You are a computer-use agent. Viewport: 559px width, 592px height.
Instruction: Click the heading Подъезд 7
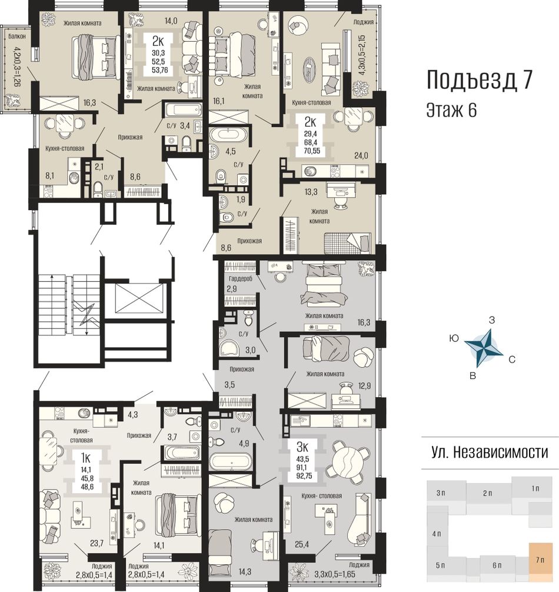(479, 81)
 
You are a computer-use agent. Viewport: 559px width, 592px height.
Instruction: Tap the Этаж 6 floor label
(451, 110)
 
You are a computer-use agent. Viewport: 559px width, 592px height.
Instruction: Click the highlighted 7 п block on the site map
(540, 560)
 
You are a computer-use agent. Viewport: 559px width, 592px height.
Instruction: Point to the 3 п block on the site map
(441, 493)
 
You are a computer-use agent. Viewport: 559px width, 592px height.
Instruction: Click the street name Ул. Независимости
(490, 452)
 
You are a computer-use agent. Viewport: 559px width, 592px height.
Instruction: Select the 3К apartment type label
(302, 447)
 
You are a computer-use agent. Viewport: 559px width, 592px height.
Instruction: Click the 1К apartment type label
(85, 458)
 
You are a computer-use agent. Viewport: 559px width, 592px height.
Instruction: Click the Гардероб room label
(241, 279)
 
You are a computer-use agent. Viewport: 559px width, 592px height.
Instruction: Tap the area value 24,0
(361, 155)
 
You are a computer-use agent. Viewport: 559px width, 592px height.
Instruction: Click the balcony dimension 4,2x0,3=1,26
(17, 66)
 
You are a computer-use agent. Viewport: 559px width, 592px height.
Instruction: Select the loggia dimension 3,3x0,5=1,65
(335, 574)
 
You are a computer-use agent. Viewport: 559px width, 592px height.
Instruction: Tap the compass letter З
(491, 320)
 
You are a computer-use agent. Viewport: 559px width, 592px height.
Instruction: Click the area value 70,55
(312, 151)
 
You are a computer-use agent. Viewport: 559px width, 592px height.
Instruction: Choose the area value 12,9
(364, 385)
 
